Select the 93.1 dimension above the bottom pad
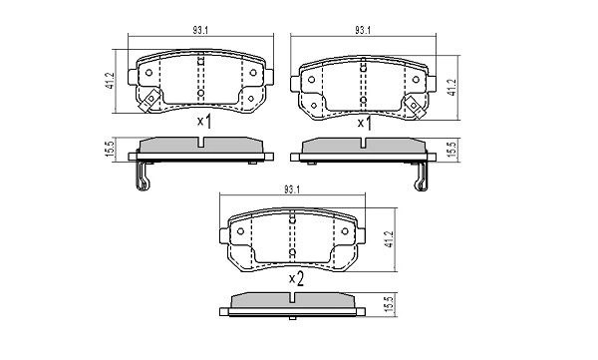[292, 189]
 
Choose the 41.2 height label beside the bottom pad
[388, 239]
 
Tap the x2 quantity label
[295, 278]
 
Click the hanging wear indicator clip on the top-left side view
[144, 178]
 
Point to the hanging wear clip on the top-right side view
[420, 178]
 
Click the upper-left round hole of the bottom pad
[240, 231]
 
